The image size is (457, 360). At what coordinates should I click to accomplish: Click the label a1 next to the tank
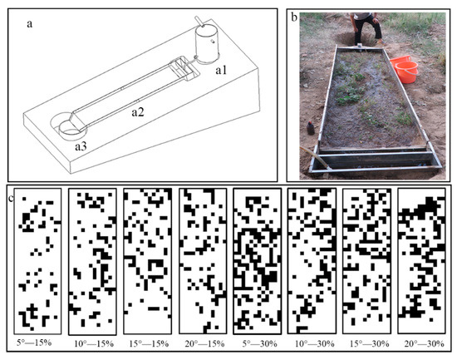coord(221,72)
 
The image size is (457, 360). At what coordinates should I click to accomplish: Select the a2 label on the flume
coord(140,109)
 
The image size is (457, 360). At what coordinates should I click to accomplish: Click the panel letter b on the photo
coord(292,16)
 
